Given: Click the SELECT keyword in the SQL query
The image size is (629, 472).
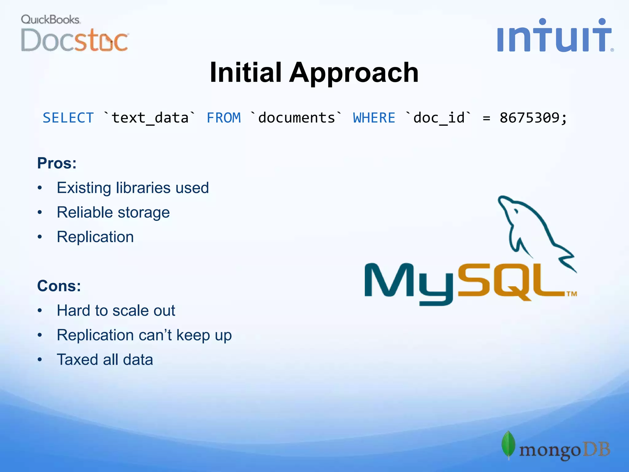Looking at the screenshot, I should (x=68, y=118).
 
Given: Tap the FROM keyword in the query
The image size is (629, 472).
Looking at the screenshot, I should (x=224, y=118).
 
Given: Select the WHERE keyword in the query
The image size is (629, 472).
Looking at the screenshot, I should (x=374, y=118).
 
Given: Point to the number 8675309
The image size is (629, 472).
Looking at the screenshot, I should (x=529, y=118).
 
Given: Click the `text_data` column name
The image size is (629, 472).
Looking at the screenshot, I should (x=150, y=118).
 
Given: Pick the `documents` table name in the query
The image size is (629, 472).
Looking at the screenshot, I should (x=296, y=118).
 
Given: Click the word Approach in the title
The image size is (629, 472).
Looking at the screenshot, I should (x=354, y=73).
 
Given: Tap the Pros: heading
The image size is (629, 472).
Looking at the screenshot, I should (x=57, y=163).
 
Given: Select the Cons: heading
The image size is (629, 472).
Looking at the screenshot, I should (x=59, y=286).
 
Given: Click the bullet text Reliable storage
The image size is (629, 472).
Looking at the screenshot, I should (x=113, y=213).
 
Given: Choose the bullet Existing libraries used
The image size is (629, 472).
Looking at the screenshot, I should (x=133, y=188).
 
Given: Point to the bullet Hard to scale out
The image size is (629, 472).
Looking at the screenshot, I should (x=116, y=311).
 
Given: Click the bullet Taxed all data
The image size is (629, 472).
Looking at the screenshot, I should (x=105, y=360).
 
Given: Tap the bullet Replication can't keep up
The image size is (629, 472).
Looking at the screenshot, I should (x=144, y=335).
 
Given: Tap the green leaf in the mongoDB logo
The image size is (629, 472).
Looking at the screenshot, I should (x=508, y=444).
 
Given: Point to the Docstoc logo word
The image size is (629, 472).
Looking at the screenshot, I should (x=74, y=40).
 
